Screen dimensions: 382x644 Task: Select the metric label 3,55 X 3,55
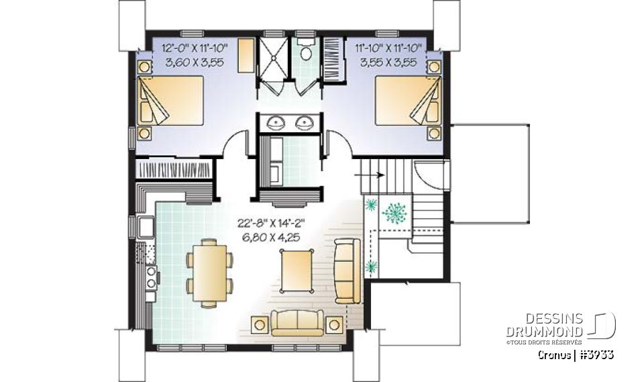click(387, 62)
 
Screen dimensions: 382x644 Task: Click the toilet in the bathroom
click(306, 52)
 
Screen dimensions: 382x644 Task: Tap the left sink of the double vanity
click(276, 123)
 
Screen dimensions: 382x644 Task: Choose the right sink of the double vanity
click(305, 123)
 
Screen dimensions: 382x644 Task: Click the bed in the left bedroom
click(170, 101)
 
